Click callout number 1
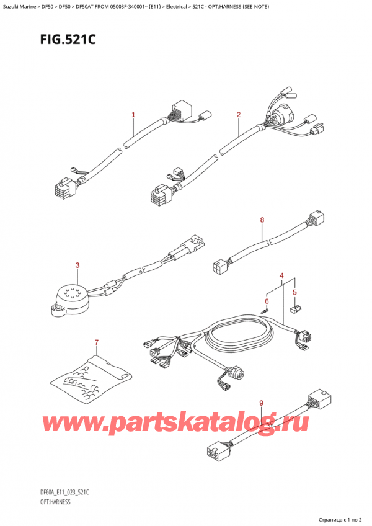point(133,115)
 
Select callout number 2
point(238,115)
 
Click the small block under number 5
point(295,306)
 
